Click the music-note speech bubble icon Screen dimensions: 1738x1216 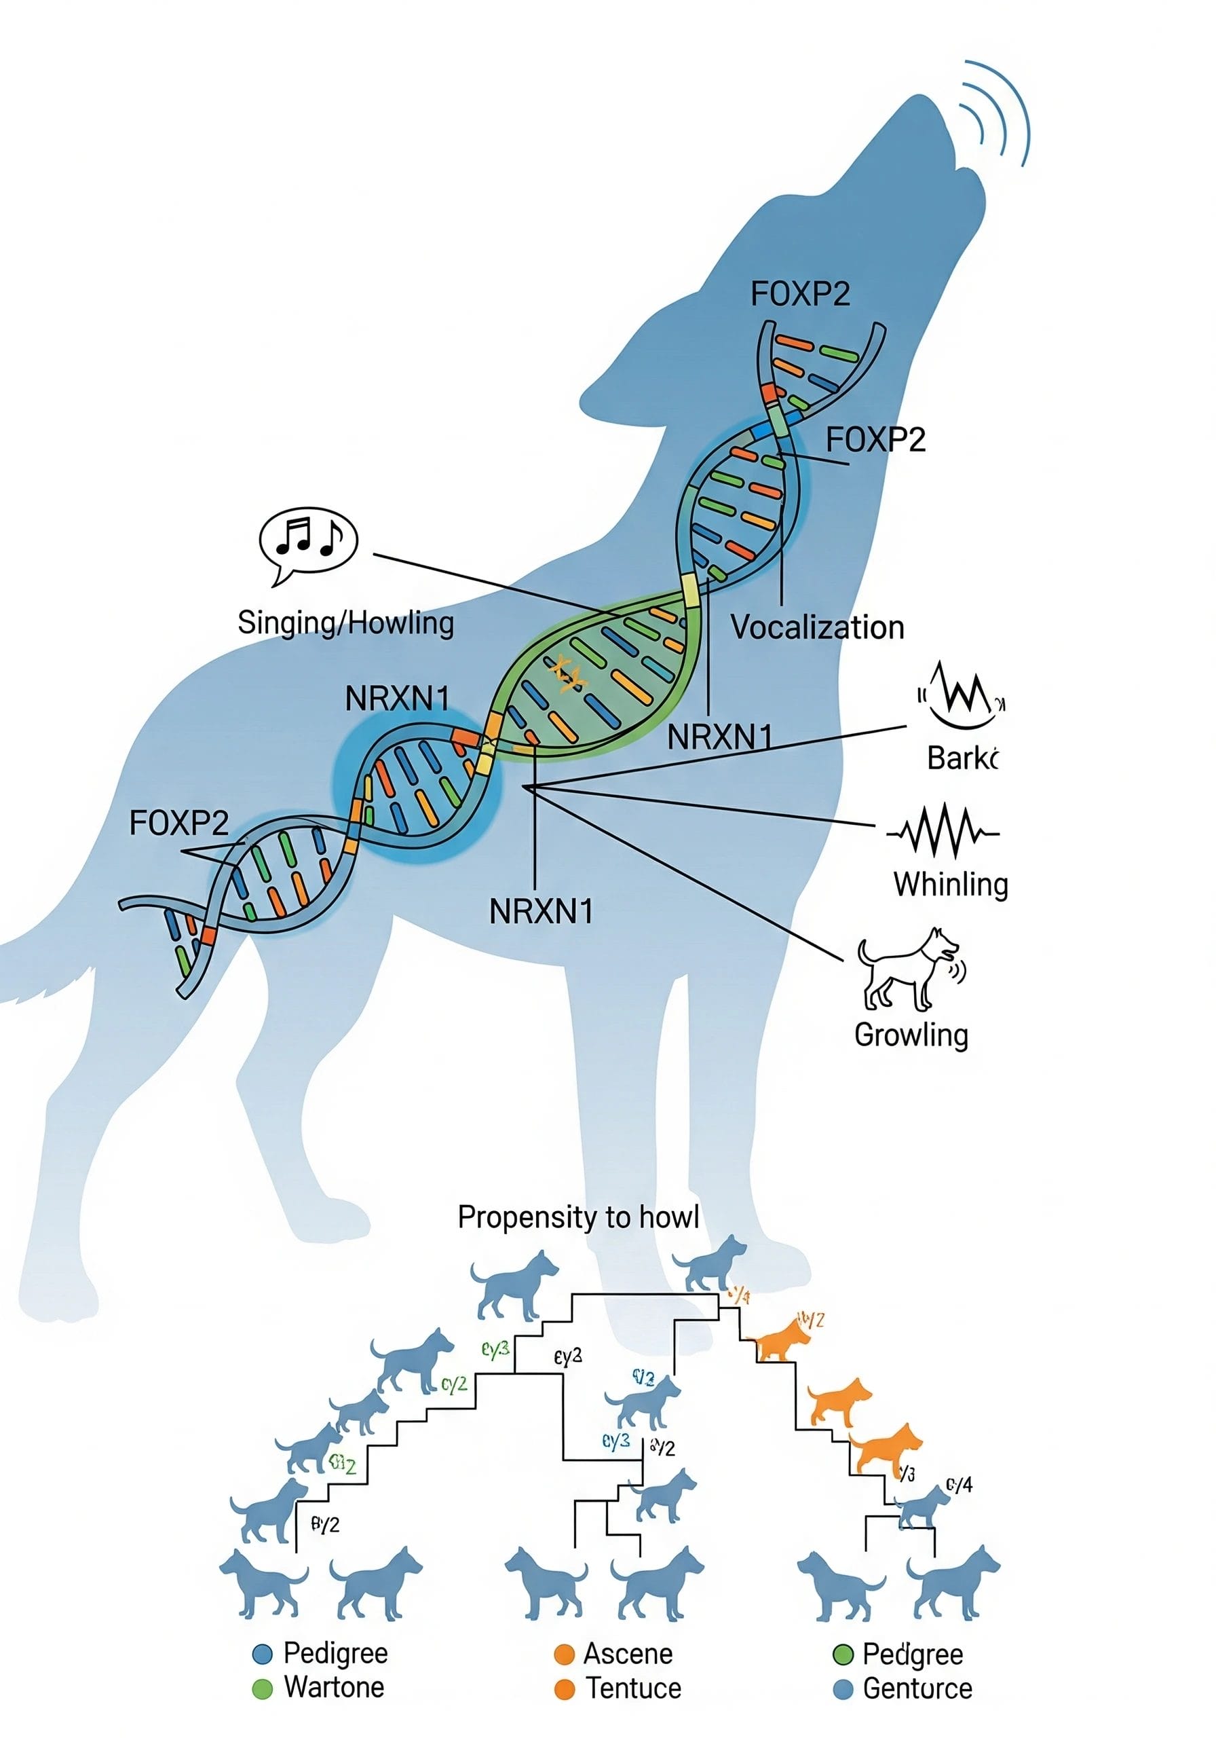[x=307, y=542]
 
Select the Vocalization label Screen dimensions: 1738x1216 [x=816, y=627]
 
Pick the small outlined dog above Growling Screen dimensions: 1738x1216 [x=910, y=969]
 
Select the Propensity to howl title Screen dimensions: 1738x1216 [x=577, y=1217]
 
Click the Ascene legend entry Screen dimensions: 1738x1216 [x=627, y=1654]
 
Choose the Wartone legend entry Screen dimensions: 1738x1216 [x=334, y=1687]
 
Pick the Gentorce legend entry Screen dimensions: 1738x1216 [x=916, y=1689]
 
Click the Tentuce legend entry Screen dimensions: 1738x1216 [x=632, y=1689]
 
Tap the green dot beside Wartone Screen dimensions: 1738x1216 [x=262, y=1689]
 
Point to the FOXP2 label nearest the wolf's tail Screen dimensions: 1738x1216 [x=178, y=823]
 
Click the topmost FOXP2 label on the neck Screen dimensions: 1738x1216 [x=800, y=294]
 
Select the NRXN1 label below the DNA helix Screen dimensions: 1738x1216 [x=541, y=911]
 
